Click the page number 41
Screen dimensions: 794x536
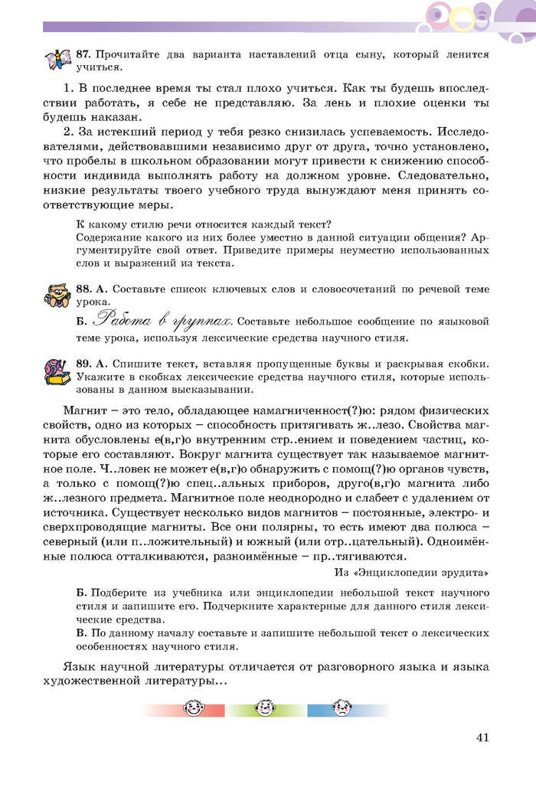coord(482,737)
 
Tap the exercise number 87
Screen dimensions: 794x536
coord(83,55)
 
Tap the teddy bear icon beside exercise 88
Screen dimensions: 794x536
coord(57,295)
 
